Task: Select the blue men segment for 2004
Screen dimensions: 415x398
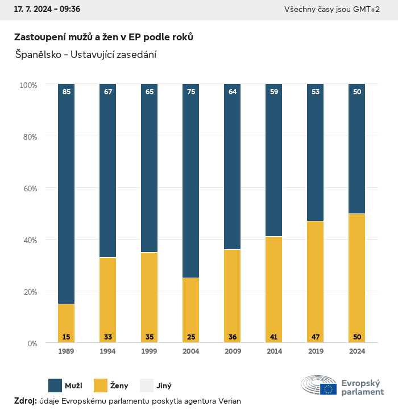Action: coord(190,182)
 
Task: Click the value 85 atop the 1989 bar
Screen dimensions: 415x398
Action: coord(67,91)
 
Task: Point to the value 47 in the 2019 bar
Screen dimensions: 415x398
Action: coord(316,337)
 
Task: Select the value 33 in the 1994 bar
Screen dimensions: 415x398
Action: coord(108,337)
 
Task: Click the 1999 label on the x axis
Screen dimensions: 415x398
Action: coord(150,351)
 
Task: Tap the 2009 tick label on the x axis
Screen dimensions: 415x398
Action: coord(233,351)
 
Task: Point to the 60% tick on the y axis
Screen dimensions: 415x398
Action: coord(30,188)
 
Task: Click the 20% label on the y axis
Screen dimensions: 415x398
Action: coord(30,291)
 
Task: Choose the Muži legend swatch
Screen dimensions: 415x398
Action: coord(55,385)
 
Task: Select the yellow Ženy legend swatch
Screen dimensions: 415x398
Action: coord(101,385)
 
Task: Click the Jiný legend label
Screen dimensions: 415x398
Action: coord(164,386)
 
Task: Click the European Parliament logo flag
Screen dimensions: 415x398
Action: coord(328,389)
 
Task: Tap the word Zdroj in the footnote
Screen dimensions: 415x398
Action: coord(25,401)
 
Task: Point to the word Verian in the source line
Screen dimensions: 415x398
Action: coord(230,401)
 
